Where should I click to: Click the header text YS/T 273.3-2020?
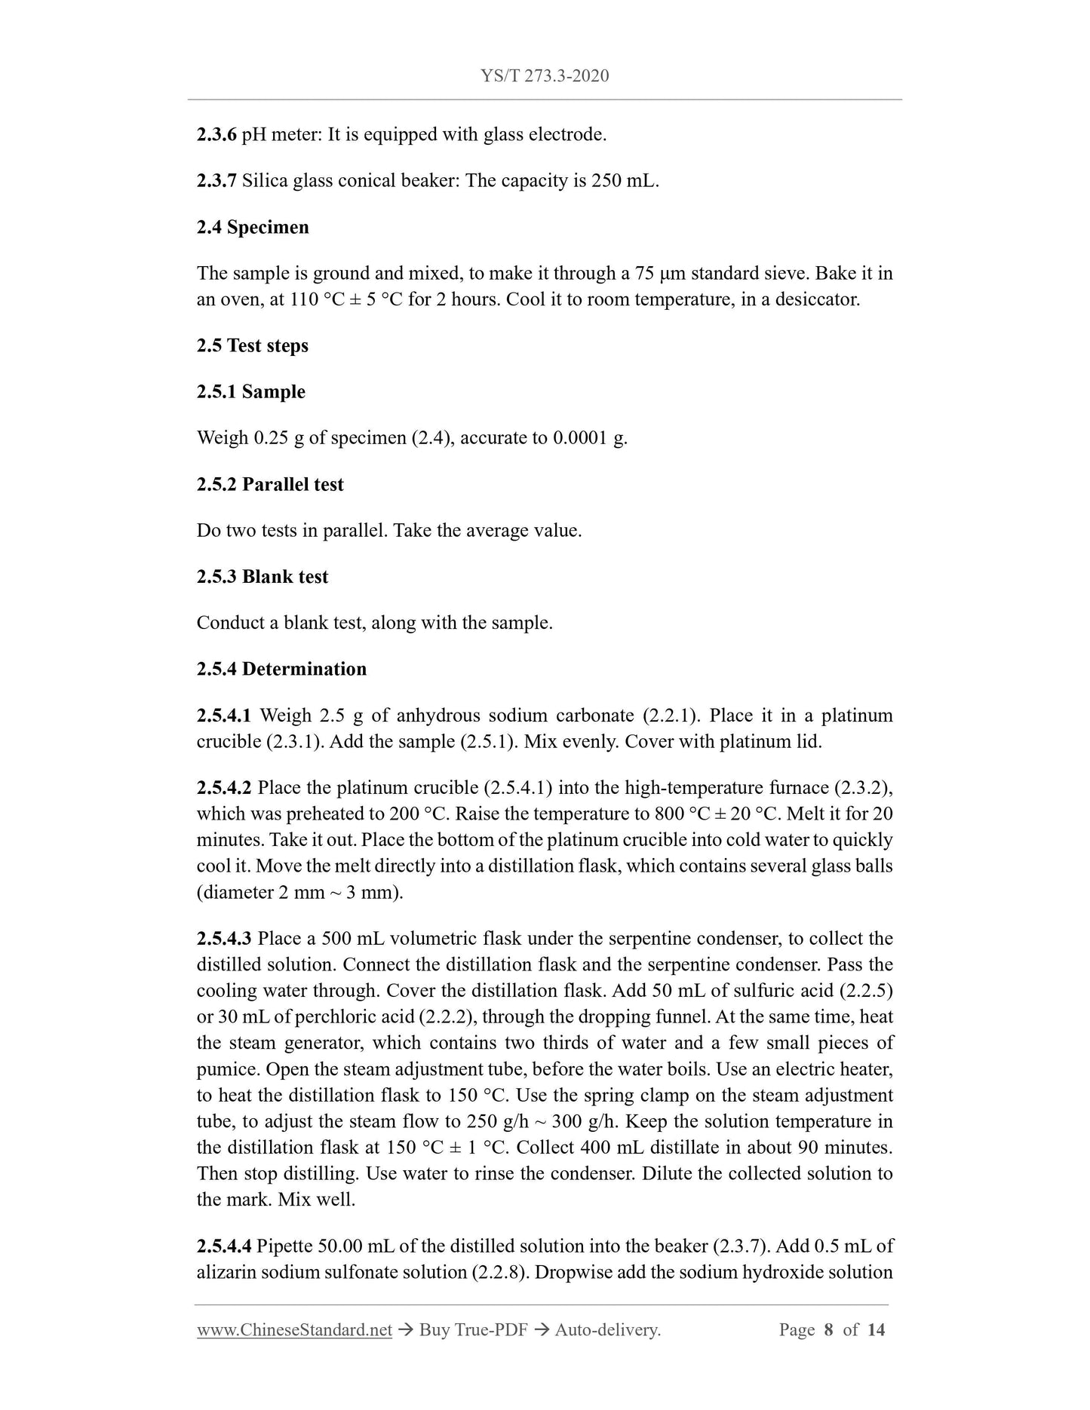point(545,76)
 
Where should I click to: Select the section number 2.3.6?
point(216,135)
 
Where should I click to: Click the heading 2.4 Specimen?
point(253,227)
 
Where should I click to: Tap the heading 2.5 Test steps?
point(253,345)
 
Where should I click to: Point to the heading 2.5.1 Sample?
point(250,391)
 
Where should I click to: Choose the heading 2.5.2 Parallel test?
point(270,484)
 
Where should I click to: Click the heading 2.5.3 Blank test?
point(263,577)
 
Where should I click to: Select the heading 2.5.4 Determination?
point(281,669)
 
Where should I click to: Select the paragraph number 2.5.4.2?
point(224,788)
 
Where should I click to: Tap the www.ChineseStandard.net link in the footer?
point(294,1330)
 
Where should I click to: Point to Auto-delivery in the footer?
point(607,1330)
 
